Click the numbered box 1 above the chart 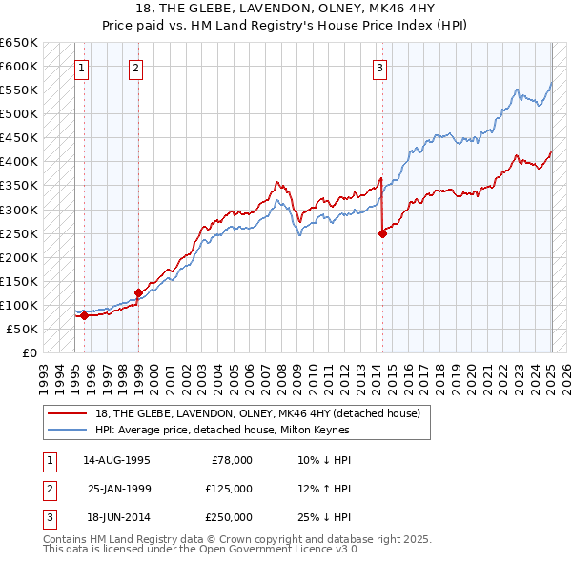[83, 68]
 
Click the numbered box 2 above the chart [137, 68]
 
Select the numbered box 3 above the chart [379, 68]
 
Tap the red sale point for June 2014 [382, 233]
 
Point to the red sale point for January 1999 [138, 292]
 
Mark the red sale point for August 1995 [84, 315]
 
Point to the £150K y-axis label [19, 281]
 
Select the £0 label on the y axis [29, 352]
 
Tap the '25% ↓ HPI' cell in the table [324, 517]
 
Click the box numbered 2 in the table [49, 489]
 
